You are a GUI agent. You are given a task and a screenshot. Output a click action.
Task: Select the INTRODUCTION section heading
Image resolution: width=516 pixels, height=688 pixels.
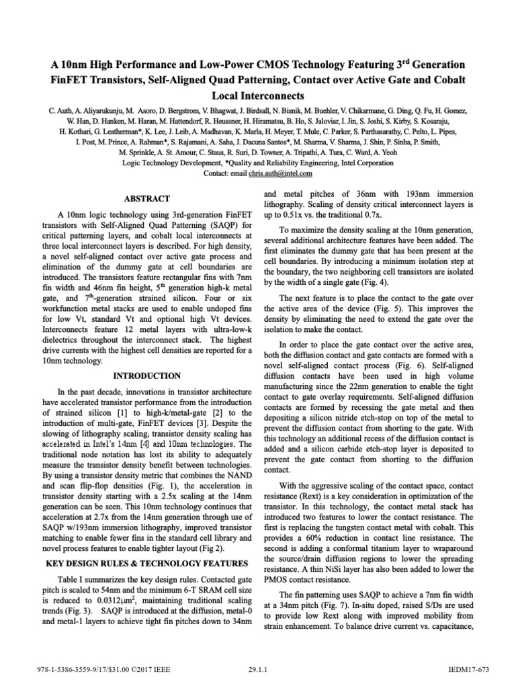point(146,375)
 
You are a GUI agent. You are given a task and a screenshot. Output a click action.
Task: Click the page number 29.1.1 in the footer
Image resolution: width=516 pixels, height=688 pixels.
point(257,671)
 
